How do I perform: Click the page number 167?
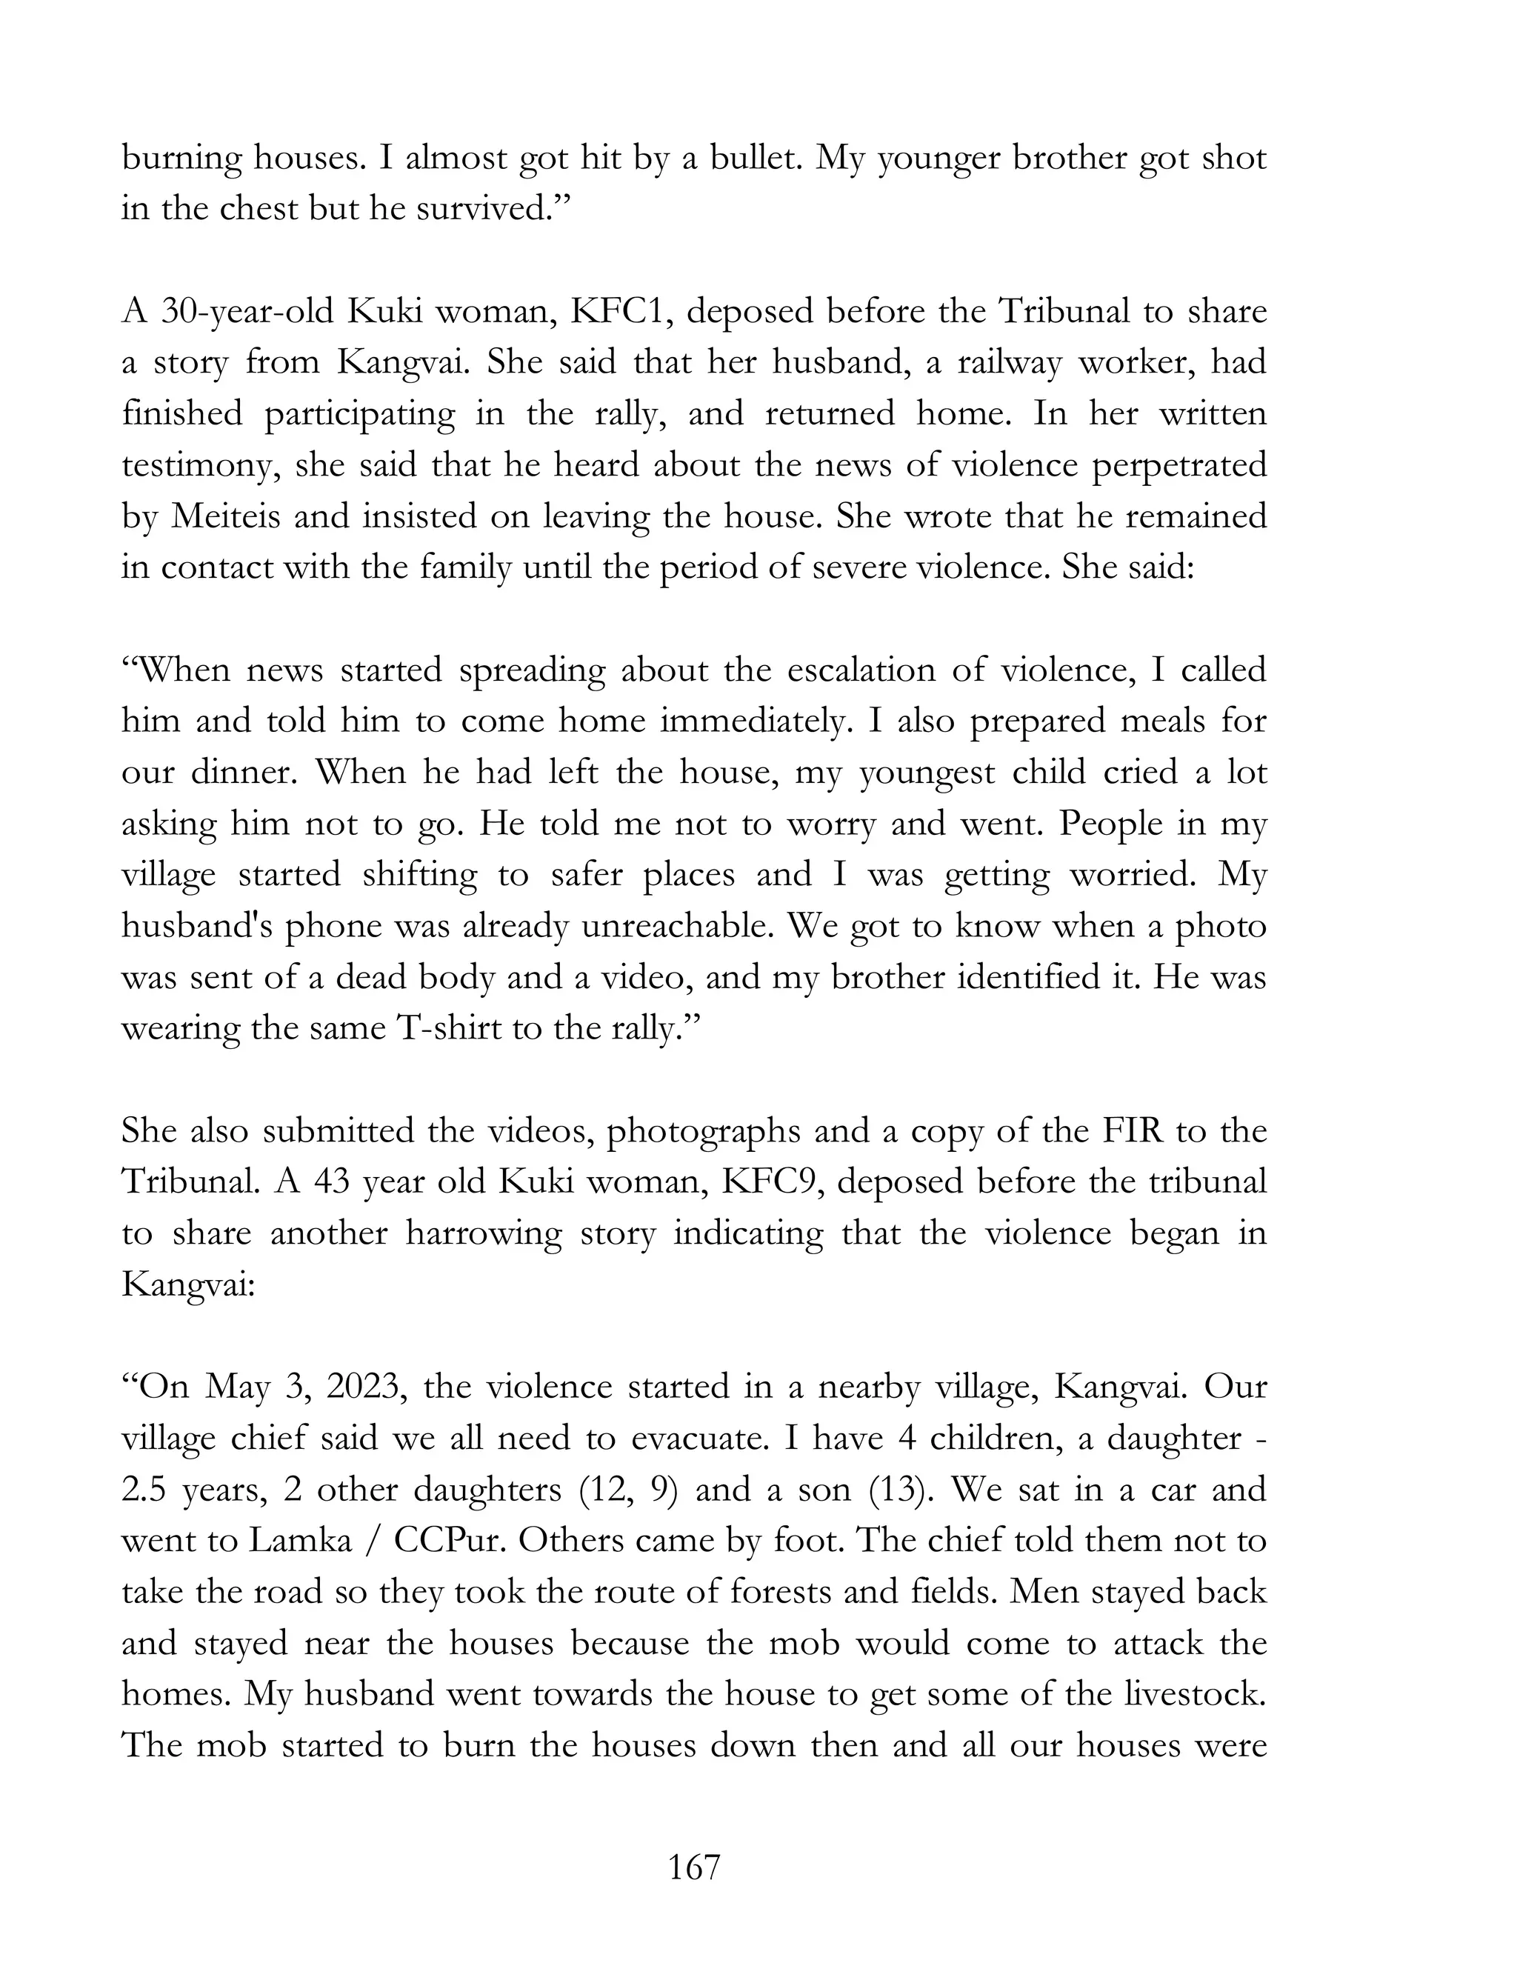pos(694,1867)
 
